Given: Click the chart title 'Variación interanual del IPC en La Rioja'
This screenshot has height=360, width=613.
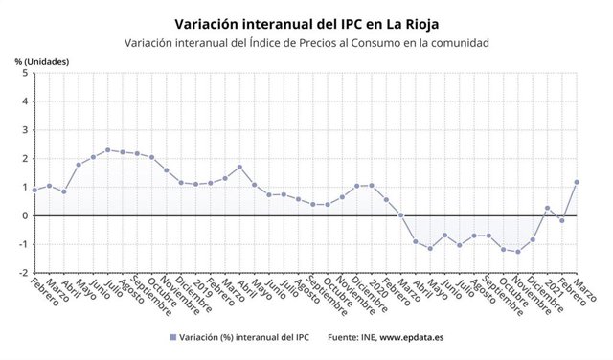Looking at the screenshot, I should click(306, 20).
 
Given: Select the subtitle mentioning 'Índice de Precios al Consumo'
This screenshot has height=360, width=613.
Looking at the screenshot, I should click(306, 42).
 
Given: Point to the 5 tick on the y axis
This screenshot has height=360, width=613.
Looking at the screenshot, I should click(23, 73).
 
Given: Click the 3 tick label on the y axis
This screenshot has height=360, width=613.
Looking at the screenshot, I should click(23, 129).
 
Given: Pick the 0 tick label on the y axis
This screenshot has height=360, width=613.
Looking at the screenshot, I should click(23, 215).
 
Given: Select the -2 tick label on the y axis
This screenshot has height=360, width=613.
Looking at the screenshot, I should click(21, 273).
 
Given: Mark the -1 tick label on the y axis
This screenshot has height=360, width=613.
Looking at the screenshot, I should click(21, 244).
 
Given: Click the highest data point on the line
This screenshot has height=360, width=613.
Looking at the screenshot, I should click(108, 149).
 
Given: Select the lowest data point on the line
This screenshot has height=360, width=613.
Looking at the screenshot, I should click(518, 252).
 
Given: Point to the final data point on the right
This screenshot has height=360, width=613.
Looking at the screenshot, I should click(578, 182).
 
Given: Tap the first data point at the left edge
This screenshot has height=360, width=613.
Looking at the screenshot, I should click(34, 190).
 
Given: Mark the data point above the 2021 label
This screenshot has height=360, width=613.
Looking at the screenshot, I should click(548, 208).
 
